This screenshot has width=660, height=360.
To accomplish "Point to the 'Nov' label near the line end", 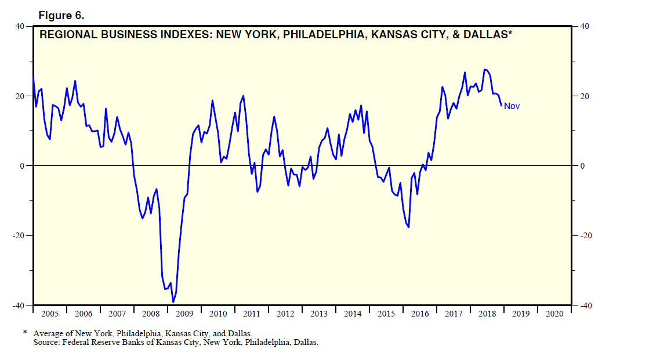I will tap(512, 106).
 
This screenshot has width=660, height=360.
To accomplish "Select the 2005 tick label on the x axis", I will tap(50, 314).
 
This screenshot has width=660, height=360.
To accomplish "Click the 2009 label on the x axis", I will tap(184, 314).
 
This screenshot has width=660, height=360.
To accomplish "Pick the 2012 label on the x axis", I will tap(285, 314).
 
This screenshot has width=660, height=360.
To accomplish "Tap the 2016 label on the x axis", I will tap(420, 314).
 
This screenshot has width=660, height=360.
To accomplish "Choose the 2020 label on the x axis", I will tap(554, 314).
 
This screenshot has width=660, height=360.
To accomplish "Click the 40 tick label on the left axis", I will tap(19, 26).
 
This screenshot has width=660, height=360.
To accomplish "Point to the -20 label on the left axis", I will tap(17, 235).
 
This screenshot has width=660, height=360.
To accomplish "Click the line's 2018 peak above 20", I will tap(485, 70).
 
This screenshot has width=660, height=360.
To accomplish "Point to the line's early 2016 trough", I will tap(408, 227).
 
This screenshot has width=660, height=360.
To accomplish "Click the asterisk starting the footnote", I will tap(25, 333).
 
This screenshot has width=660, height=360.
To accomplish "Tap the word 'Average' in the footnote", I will tap(47, 334).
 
